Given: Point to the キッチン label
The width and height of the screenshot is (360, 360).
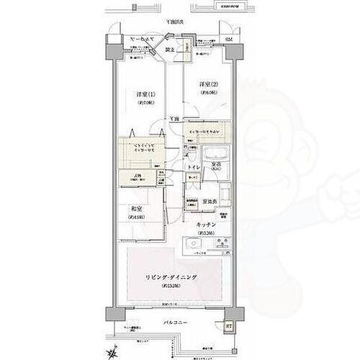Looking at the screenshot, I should coord(207,223).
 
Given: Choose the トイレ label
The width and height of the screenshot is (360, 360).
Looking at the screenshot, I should coord(194,167).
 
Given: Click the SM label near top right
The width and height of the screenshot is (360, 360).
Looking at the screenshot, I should coord(228,39).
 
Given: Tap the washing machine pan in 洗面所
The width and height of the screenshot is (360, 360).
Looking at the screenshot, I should coord(220,192).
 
